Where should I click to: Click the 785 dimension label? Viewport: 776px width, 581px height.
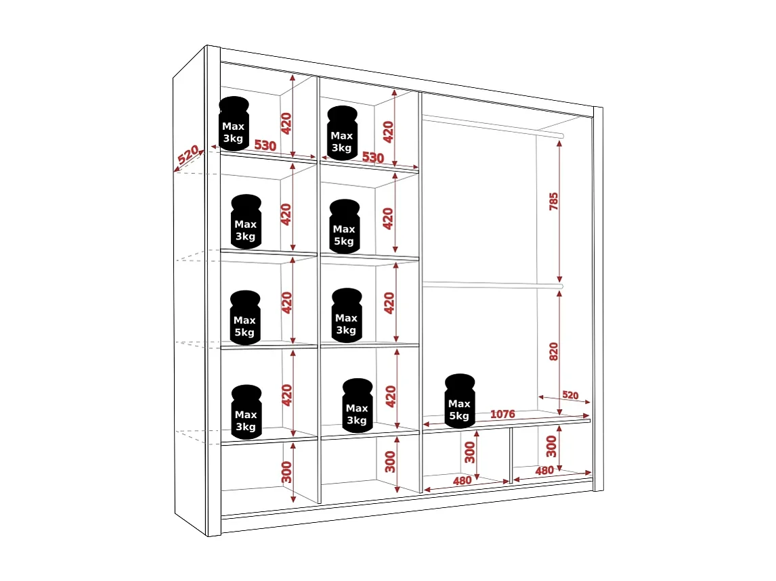554,202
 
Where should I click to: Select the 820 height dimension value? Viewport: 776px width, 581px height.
554,351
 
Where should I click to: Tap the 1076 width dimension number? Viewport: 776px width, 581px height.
502,414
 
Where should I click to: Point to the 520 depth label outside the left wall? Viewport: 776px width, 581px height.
188,156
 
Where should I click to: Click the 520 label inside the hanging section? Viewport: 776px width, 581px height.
570,395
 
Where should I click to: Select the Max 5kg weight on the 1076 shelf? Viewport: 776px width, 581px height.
460,402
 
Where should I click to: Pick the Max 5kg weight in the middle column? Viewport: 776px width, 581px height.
344,227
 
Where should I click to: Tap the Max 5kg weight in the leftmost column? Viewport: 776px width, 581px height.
244,317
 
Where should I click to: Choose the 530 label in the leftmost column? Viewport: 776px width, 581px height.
265,145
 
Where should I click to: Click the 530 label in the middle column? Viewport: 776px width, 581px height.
372,158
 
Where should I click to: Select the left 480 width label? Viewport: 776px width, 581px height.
462,481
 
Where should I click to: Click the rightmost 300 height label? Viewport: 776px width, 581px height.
551,446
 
